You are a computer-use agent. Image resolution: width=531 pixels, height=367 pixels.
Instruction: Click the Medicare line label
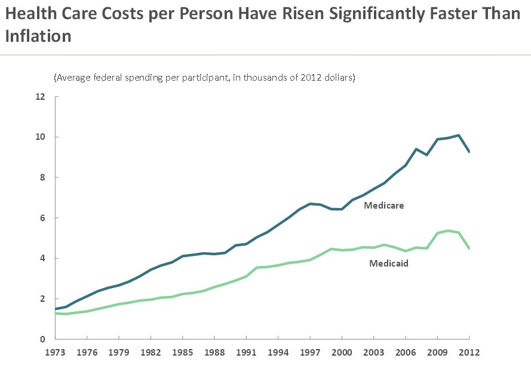tap(384, 205)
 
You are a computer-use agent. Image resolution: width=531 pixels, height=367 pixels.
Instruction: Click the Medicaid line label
tap(388, 262)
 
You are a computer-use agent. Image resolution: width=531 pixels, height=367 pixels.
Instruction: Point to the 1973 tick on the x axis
tap(55, 353)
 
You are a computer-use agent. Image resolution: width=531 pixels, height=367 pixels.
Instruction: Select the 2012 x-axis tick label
tap(469, 353)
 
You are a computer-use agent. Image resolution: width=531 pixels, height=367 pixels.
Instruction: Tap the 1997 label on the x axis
tap(310, 353)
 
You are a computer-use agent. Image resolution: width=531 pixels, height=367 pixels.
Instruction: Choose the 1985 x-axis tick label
tap(183, 353)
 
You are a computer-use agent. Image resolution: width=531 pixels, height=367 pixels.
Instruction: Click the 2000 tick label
tap(342, 353)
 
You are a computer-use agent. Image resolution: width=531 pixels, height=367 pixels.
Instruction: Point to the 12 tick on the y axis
tap(40, 97)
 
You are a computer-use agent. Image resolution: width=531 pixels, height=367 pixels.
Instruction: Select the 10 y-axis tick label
tap(40, 137)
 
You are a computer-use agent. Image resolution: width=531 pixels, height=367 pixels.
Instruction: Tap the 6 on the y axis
tap(43, 218)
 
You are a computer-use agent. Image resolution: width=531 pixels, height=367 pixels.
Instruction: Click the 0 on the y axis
tap(43, 340)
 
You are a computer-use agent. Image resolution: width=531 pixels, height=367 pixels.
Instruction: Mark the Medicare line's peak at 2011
tap(459, 135)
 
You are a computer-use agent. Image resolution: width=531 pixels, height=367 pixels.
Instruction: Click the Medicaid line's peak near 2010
tap(448, 231)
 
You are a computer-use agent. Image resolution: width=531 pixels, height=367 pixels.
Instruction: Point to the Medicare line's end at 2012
tap(469, 152)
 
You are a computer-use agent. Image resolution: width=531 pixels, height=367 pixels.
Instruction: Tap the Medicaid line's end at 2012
tap(469, 248)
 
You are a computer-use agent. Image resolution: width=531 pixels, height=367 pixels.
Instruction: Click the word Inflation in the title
tap(38, 36)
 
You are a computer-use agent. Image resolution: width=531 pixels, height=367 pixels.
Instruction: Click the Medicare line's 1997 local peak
tap(310, 204)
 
